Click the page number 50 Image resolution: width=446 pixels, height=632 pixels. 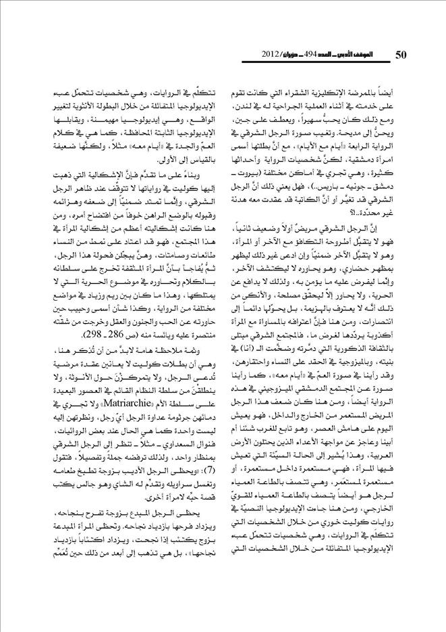[401, 54]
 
